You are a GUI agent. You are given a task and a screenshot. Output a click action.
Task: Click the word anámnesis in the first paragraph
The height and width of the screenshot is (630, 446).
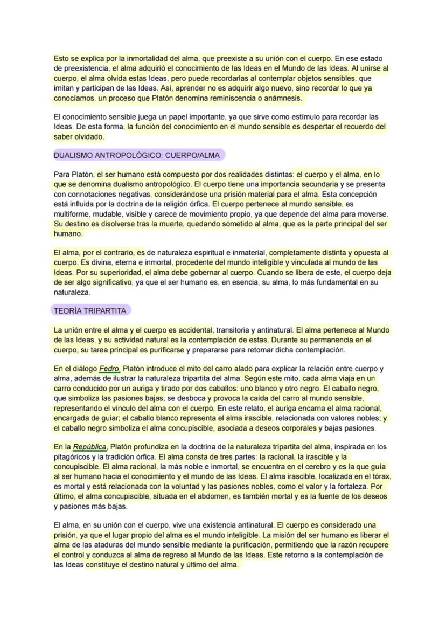click(x=284, y=99)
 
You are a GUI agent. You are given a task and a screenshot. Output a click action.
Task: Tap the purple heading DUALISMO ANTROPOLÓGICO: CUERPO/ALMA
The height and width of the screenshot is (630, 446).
click(x=137, y=155)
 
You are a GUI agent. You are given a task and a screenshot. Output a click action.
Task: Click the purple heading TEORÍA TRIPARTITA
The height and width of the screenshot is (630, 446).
click(x=90, y=311)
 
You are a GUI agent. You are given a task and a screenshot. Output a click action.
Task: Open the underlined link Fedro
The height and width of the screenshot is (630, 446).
click(x=110, y=369)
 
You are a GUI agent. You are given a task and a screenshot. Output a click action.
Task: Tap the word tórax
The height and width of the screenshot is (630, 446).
click(x=380, y=477)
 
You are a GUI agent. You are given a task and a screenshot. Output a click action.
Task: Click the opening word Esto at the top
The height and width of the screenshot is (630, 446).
click(x=61, y=58)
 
